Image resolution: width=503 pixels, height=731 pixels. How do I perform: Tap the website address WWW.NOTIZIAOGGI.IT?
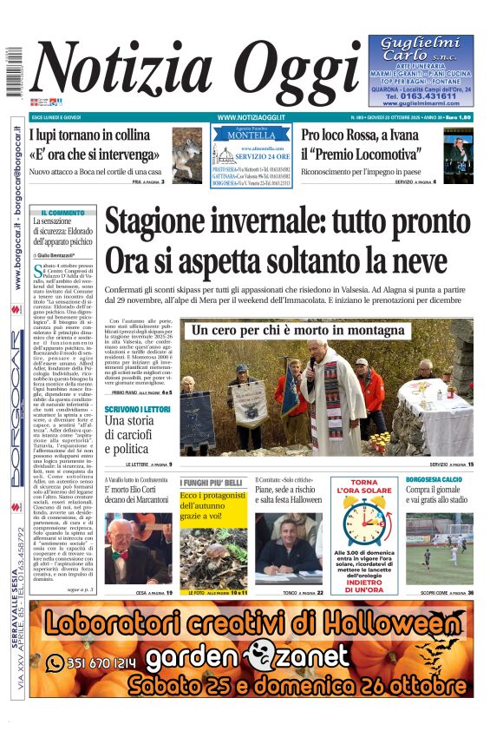[x=251, y=116]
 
